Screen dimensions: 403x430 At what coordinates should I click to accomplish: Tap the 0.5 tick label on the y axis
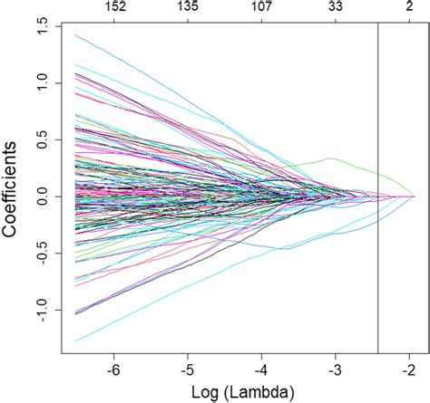click(x=43, y=139)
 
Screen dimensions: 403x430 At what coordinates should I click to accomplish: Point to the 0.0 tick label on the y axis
click(x=43, y=196)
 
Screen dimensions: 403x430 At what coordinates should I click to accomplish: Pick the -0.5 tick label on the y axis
click(x=43, y=253)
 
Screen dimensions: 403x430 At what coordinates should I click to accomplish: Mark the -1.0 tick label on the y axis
click(x=43, y=309)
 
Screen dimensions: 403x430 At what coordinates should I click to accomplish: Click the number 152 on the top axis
click(x=115, y=7)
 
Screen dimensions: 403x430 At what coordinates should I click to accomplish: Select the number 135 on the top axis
click(x=189, y=7)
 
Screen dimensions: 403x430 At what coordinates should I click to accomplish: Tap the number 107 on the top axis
click(x=262, y=7)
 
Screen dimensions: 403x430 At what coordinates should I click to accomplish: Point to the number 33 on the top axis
click(x=336, y=7)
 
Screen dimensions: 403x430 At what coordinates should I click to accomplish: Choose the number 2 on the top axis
click(x=409, y=7)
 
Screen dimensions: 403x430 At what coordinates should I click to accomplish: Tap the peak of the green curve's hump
click(x=329, y=158)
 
